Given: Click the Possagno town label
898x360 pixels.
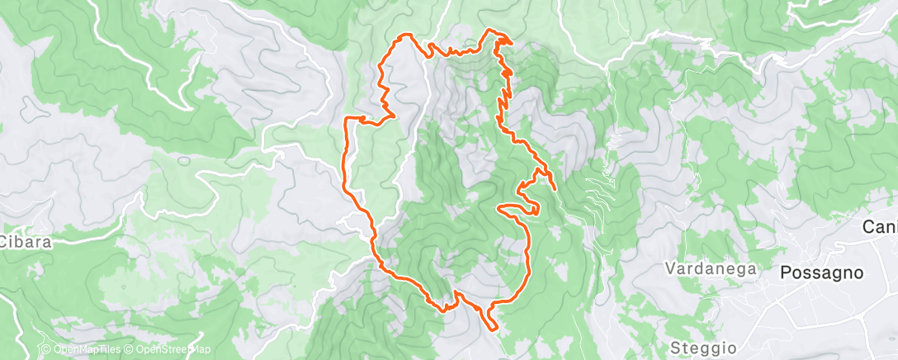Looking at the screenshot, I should pyautogui.click(x=822, y=272).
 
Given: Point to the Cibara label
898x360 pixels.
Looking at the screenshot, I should pyautogui.click(x=26, y=242).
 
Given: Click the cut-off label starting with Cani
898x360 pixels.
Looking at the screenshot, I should pyautogui.click(x=880, y=226).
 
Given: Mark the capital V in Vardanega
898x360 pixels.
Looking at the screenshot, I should pyautogui.click(x=671, y=268).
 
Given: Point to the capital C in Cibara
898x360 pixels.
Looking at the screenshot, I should pyautogui.click(x=5, y=242).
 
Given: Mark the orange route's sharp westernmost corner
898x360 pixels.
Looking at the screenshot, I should pyautogui.click(x=344, y=120).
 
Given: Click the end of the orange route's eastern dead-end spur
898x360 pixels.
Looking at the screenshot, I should pyautogui.click(x=555, y=190).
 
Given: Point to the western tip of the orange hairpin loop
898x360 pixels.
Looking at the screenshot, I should pyautogui.click(x=498, y=207).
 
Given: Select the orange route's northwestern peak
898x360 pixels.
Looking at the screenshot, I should pyautogui.click(x=404, y=35).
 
